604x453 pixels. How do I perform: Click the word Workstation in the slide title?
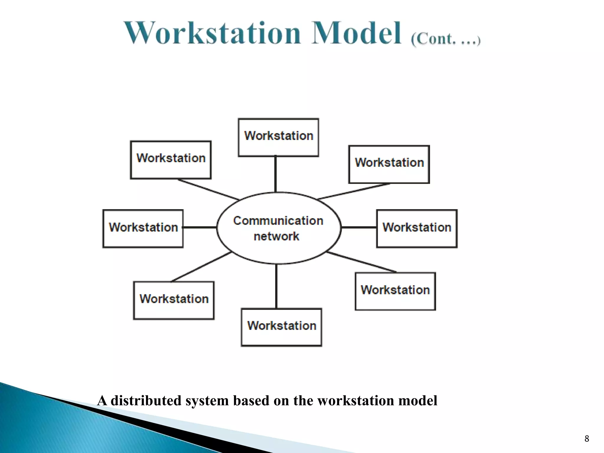(x=212, y=33)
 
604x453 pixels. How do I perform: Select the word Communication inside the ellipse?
(x=278, y=221)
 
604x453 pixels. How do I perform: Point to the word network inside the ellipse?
(x=276, y=236)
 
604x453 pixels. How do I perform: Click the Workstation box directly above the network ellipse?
(x=278, y=137)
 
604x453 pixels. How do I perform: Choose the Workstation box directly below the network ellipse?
(x=281, y=327)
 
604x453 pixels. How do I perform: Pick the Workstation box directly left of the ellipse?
(x=143, y=229)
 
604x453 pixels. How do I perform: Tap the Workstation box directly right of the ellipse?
(x=417, y=229)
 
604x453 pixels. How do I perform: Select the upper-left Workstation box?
(x=171, y=160)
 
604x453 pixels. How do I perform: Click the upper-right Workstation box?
(x=389, y=164)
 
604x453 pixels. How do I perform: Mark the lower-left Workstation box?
(x=174, y=300)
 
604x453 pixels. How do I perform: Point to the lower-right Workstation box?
(x=395, y=291)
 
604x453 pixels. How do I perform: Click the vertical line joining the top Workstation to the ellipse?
(x=275, y=174)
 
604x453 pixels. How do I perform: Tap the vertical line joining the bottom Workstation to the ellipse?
(x=276, y=286)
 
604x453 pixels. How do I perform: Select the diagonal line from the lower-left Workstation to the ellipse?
(x=201, y=267)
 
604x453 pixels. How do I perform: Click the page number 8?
(x=587, y=439)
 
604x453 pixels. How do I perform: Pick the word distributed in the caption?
(x=146, y=401)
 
